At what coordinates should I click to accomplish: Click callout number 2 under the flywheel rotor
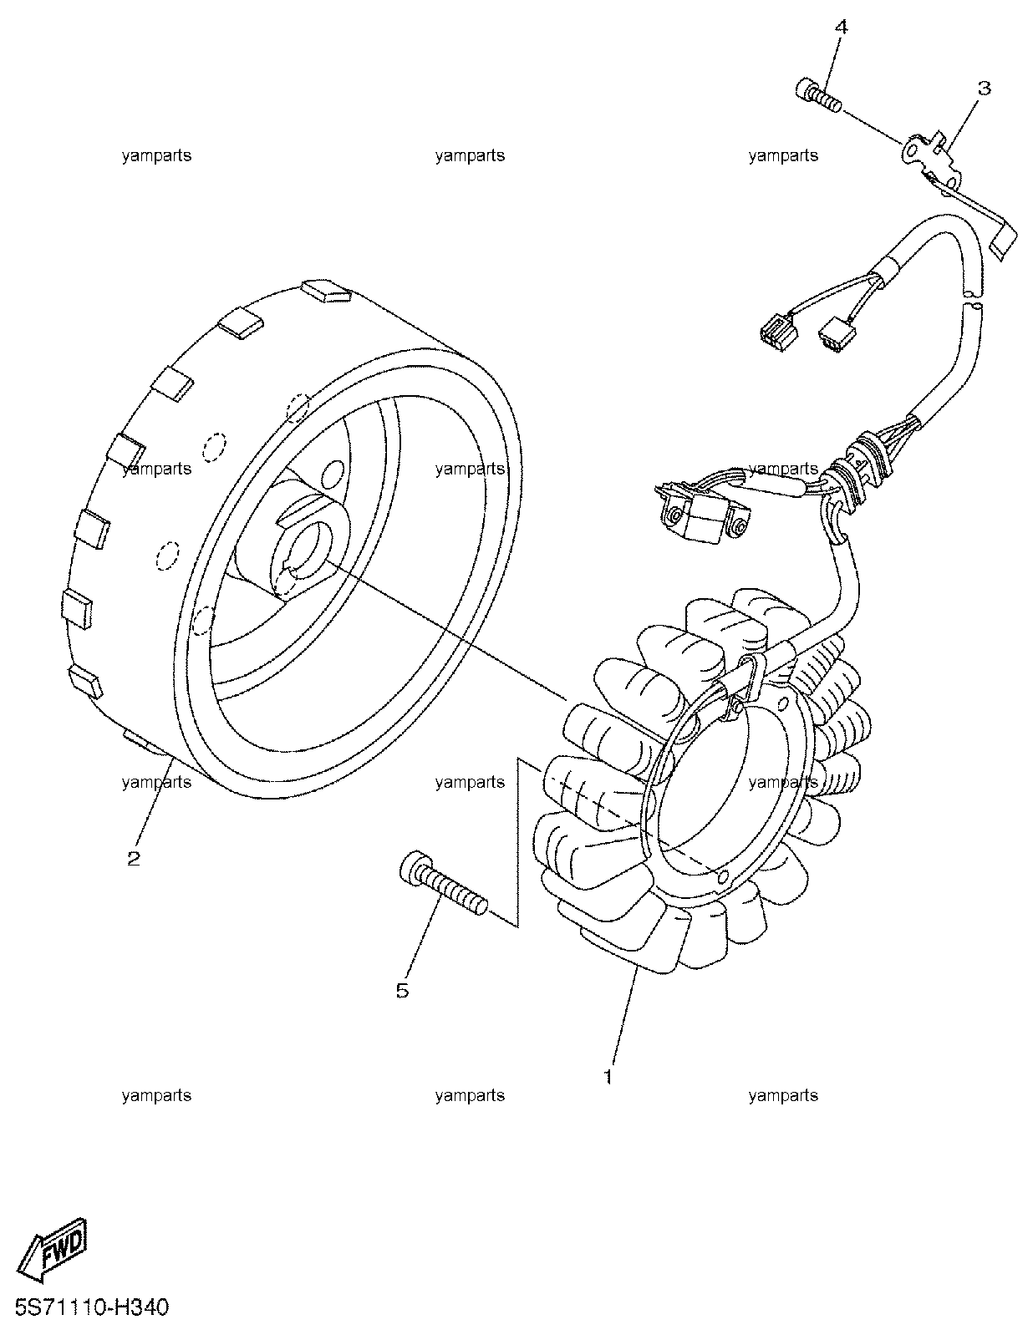click(134, 858)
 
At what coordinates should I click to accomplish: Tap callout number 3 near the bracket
click(984, 89)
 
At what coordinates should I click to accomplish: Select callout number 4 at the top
click(841, 27)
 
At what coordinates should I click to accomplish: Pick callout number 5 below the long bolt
click(402, 990)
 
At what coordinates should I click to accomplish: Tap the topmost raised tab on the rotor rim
click(326, 292)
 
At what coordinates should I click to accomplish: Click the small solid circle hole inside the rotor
click(333, 473)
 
